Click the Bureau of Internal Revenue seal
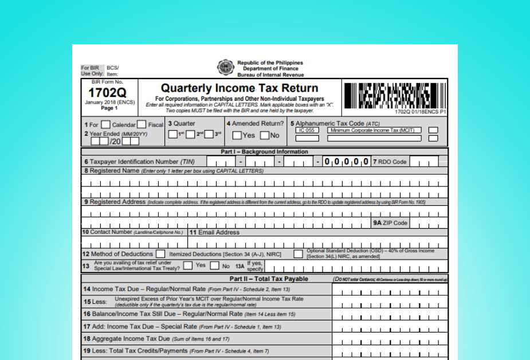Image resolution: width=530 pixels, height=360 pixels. pyautogui.click(x=225, y=67)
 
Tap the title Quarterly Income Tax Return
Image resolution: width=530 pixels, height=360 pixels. pyautogui.click(x=239, y=88)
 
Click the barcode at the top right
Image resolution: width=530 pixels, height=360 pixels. pyautogui.click(x=394, y=96)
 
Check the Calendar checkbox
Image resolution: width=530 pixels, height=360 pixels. pyautogui.click(x=106, y=124)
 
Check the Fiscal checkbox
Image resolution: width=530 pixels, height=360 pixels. pyautogui.click(x=142, y=124)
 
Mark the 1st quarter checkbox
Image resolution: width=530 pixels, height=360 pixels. pyautogui.click(x=172, y=134)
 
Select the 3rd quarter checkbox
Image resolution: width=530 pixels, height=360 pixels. pyautogui.click(x=209, y=134)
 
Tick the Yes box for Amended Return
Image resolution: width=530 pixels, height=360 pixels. pyautogui.click(x=237, y=136)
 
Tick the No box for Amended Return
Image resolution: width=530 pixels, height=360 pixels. pyautogui.click(x=264, y=136)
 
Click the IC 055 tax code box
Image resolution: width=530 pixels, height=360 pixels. pyautogui.click(x=308, y=130)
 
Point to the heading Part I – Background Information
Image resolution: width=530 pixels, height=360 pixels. pyautogui.click(x=264, y=152)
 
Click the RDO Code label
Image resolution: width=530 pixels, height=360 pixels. pyautogui.click(x=392, y=162)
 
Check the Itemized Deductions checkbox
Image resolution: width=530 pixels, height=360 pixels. pyautogui.click(x=161, y=253)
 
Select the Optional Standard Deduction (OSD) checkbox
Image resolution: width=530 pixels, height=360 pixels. pyautogui.click(x=299, y=253)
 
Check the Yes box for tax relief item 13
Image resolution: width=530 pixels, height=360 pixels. pyautogui.click(x=187, y=266)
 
